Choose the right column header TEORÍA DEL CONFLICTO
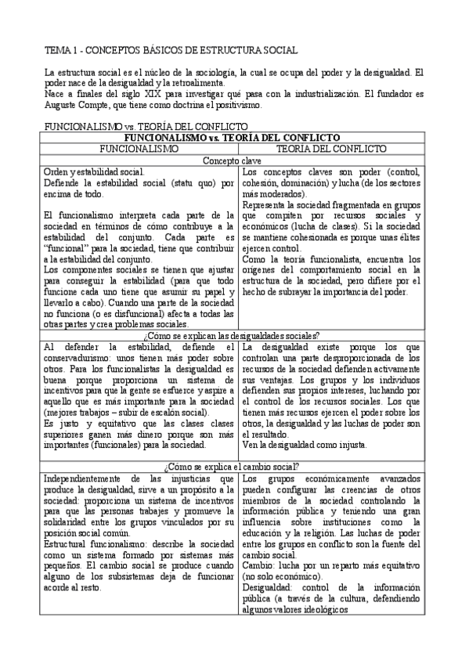[x=331, y=148]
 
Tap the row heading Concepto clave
[x=233, y=160]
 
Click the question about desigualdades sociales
[x=233, y=335]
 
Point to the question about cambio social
[x=233, y=466]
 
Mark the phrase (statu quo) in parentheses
[x=179, y=183]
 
